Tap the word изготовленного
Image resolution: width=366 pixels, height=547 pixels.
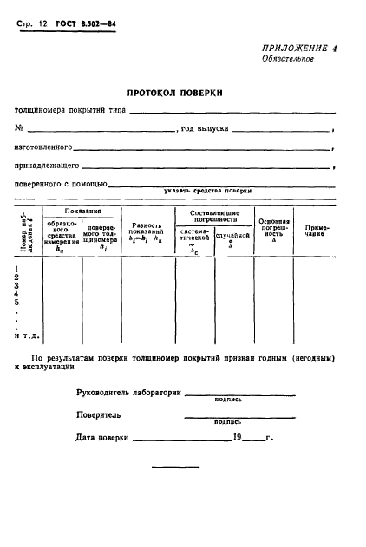point(43,147)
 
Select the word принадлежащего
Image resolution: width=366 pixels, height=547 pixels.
point(48,165)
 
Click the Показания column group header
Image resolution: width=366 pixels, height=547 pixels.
point(82,211)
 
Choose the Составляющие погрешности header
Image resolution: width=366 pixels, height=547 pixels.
point(213,216)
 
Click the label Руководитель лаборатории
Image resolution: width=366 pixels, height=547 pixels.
point(128,393)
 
